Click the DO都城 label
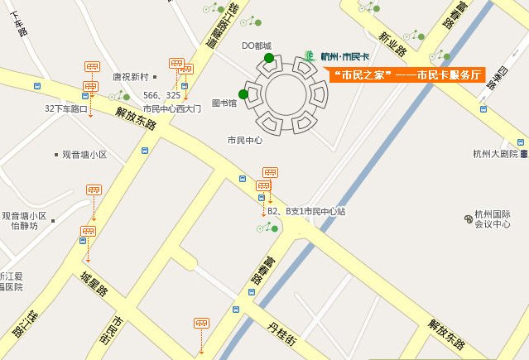pyautogui.click(x=256, y=46)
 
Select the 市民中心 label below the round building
pyautogui.click(x=244, y=140)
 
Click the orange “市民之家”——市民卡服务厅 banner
pyautogui.click(x=406, y=75)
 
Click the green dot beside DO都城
pyautogui.click(x=269, y=57)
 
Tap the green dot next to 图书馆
pyautogui.click(x=243, y=94)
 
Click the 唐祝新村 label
pyautogui.click(x=129, y=77)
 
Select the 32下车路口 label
pyautogui.click(x=66, y=108)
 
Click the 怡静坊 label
pyautogui.click(x=24, y=225)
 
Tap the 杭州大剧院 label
pyautogui.click(x=495, y=153)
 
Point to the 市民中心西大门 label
pyautogui.click(x=171, y=108)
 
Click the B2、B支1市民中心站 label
pyautogui.click(x=305, y=212)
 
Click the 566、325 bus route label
pyautogui.click(x=161, y=95)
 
